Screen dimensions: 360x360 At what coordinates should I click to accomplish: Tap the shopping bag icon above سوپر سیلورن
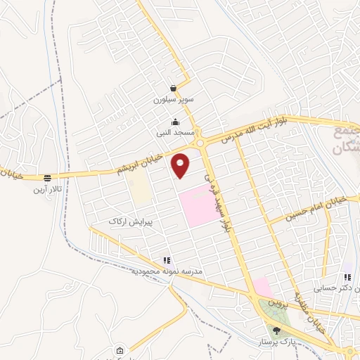click(x=173, y=89)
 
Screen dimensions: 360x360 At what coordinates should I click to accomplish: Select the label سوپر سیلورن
click(x=172, y=100)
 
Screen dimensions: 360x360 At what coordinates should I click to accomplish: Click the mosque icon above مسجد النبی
click(x=175, y=122)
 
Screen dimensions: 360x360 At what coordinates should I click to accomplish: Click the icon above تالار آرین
click(x=47, y=179)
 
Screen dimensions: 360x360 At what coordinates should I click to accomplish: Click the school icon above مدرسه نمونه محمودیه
click(x=167, y=260)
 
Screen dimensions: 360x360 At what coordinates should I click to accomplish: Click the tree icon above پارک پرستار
click(x=276, y=330)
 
